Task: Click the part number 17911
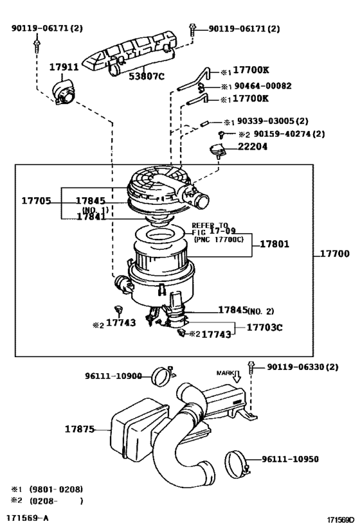(x=64, y=66)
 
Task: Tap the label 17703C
(x=265, y=327)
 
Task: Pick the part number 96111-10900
(x=114, y=376)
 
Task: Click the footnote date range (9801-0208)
(x=56, y=489)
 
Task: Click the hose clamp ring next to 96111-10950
(x=237, y=462)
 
